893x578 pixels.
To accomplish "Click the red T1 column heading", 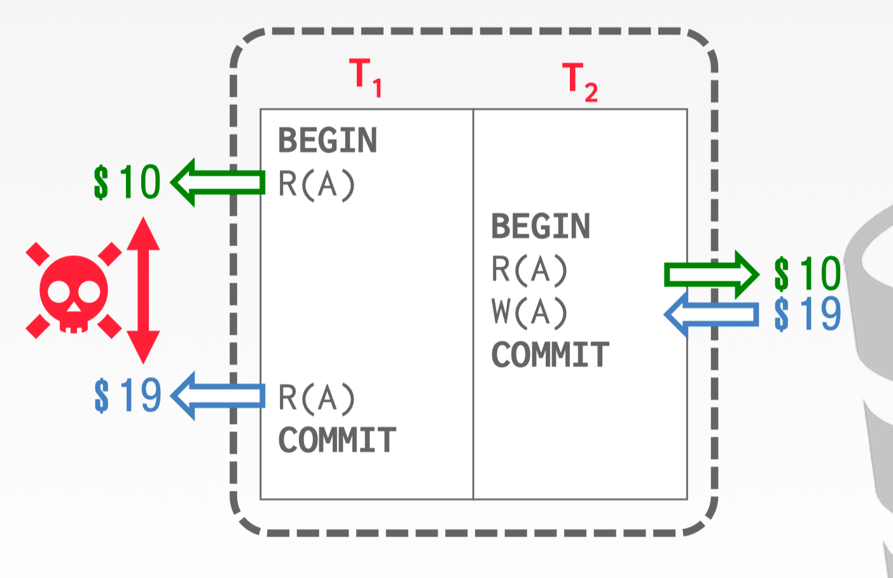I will (365, 77).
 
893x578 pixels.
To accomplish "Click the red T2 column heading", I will (579, 82).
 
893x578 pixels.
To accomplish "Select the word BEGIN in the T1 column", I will (328, 141).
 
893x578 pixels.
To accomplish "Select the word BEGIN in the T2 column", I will (541, 227).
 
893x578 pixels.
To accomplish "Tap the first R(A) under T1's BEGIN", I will (316, 185).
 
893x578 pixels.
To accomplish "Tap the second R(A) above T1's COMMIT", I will (316, 398).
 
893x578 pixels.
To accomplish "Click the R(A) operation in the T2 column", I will (529, 269).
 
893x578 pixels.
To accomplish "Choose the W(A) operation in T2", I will (529, 312).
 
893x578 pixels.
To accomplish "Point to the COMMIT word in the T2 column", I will (550, 355).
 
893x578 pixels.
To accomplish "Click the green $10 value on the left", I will (127, 183).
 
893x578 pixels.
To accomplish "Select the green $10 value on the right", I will (807, 274).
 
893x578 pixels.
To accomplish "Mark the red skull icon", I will (74, 291).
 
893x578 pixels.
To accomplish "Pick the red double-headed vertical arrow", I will (143, 290).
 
